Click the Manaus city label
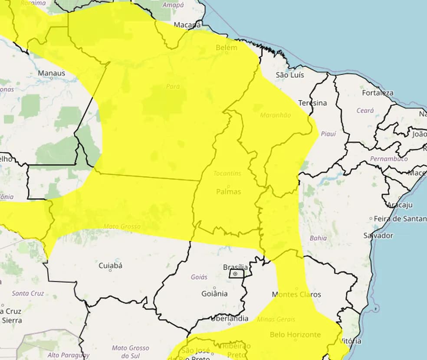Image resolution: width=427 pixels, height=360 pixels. coord(51,73)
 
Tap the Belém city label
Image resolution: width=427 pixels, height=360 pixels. coord(227,47)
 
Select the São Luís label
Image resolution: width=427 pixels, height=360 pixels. coord(290,75)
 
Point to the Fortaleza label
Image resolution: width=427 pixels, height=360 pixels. coord(378,93)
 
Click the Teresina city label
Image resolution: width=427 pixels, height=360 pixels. coord(312,103)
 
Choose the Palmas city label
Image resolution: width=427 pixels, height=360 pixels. coord(228,191)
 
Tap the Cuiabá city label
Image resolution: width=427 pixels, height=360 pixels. coord(110,265)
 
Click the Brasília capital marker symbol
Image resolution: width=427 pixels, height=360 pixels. coord(235,274)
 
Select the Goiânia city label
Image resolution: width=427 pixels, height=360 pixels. coord(214,294)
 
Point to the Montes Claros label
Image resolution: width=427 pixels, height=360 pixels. coord(296,295)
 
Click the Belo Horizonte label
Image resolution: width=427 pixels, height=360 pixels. coord(295,334)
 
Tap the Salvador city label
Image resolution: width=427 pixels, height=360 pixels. coord(378,236)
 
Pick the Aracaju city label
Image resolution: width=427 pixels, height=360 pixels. coord(400,205)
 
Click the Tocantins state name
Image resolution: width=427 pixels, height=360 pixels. coord(227,173)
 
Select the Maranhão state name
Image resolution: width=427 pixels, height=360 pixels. coord(276,115)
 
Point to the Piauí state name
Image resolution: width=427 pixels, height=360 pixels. coord(328,134)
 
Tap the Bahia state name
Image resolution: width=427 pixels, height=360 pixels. coord(318,238)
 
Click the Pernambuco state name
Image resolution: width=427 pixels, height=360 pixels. coord(388,159)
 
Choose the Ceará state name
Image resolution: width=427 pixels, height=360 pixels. coord(365,111)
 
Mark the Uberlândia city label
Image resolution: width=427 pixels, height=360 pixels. coord(230,318)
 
